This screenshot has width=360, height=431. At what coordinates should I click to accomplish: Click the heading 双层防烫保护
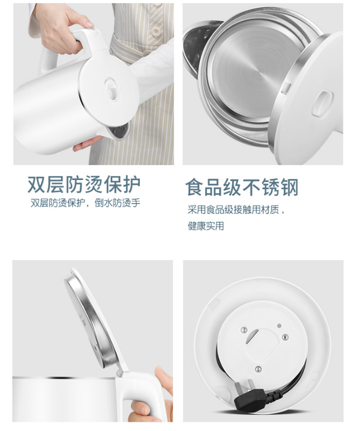point(84,184)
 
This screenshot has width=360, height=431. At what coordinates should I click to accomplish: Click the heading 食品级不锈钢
point(242,187)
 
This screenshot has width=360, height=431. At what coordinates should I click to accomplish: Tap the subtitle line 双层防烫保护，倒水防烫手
point(85,203)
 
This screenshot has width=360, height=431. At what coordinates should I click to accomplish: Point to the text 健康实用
point(206,226)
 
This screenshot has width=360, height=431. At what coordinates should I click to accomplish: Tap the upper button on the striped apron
point(156,31)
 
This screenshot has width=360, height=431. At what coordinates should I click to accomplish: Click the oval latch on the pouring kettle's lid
point(111,89)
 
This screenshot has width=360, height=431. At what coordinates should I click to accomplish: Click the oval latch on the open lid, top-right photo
point(322,103)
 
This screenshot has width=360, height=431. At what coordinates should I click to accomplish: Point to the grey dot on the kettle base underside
point(279,326)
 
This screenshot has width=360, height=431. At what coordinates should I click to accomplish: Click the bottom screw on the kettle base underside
point(258,369)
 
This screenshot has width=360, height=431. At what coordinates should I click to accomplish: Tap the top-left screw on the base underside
point(243,330)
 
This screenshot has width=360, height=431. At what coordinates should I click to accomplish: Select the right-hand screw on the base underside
point(285,337)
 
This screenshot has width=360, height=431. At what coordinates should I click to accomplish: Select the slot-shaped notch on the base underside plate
point(252,336)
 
